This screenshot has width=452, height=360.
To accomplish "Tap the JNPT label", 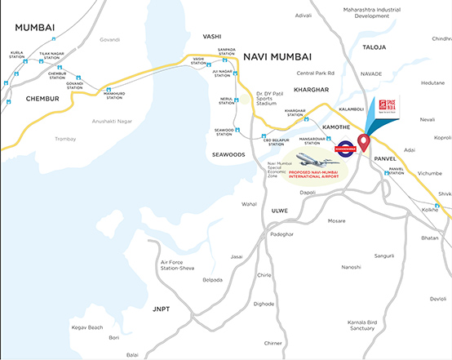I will [x=161, y=309].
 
